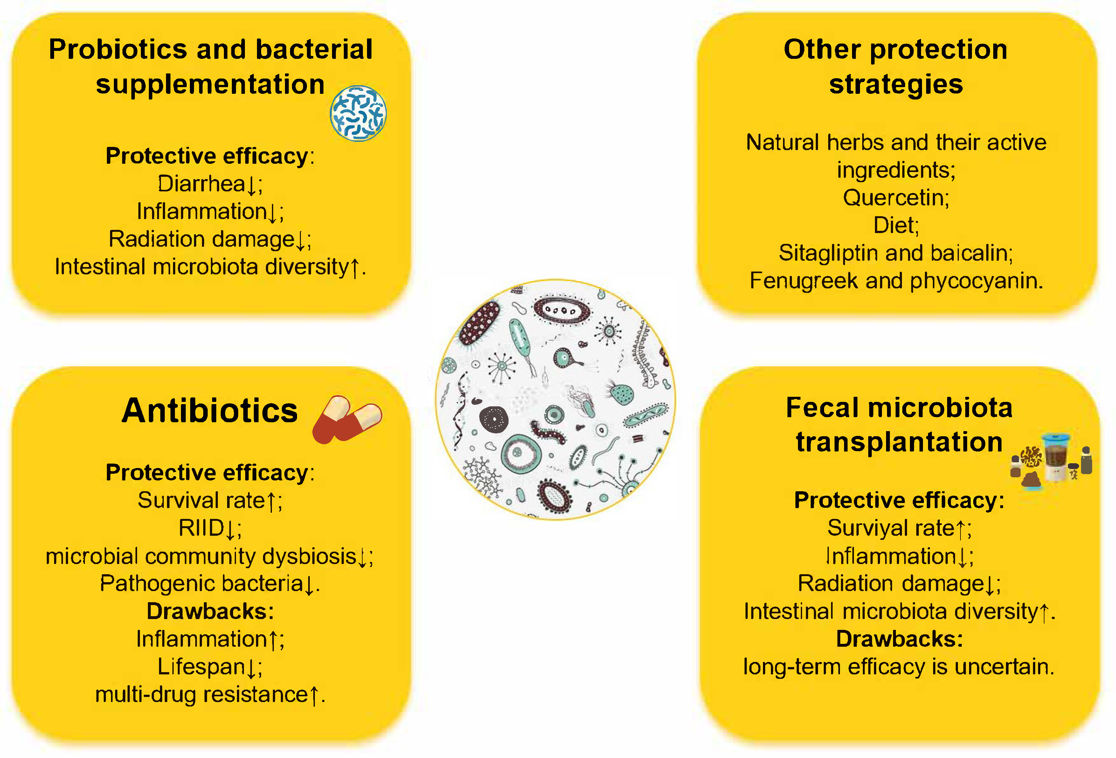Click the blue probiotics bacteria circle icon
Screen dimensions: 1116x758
point(358,113)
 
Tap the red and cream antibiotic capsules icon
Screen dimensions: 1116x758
point(347,419)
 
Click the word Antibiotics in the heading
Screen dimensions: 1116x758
point(210,410)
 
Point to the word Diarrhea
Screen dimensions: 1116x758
point(202,183)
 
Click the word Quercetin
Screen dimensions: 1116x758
point(893,198)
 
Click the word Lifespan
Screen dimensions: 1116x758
point(202,667)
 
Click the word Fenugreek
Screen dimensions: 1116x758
point(803,281)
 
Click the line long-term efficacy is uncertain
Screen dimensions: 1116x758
point(898,667)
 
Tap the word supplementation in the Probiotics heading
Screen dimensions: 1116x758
point(210,85)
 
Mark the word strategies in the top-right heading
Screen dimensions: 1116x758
point(896,85)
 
